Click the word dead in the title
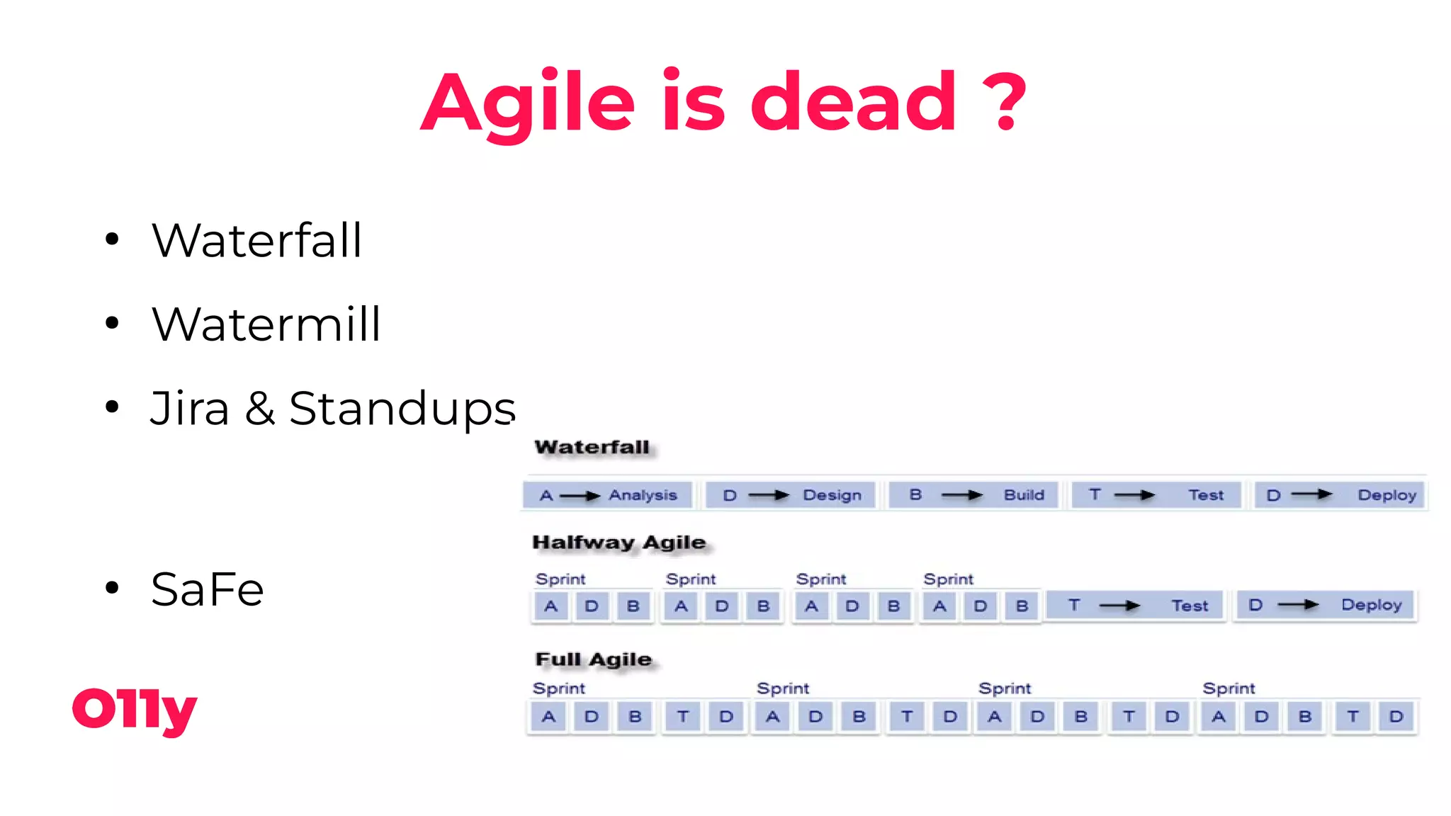[853, 103]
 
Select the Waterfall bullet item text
[256, 241]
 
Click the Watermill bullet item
[266, 324]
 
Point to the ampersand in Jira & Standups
[260, 409]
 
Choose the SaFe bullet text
[207, 589]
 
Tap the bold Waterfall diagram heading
[592, 447]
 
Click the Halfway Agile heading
[619, 543]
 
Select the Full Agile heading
[593, 659]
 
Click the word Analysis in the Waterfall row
[643, 495]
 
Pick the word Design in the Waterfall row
[832, 495]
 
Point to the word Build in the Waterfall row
[1024, 495]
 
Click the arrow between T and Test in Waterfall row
[1134, 495]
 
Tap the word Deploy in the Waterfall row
[1387, 495]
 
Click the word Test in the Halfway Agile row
[1189, 606]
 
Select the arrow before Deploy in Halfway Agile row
[1298, 605]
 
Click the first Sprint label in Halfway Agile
[560, 579]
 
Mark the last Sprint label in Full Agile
[1229, 688]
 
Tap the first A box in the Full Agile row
[549, 717]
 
